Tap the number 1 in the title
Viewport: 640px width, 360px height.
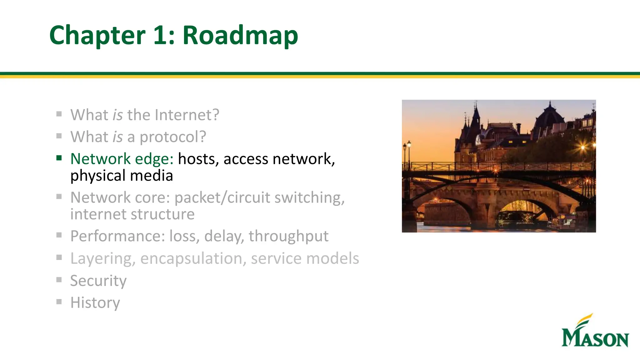point(160,35)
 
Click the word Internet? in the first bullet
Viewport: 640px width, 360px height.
point(187,115)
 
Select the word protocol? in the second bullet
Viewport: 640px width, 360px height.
point(172,137)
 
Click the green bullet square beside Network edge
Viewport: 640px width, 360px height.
point(59,158)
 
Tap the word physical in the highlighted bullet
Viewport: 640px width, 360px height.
point(98,176)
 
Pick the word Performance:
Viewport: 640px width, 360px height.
point(117,236)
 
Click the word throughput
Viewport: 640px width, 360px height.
point(288,236)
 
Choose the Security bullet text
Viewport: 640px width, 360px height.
point(98,280)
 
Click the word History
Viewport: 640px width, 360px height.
point(95,302)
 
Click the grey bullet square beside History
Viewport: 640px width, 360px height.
point(59,302)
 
